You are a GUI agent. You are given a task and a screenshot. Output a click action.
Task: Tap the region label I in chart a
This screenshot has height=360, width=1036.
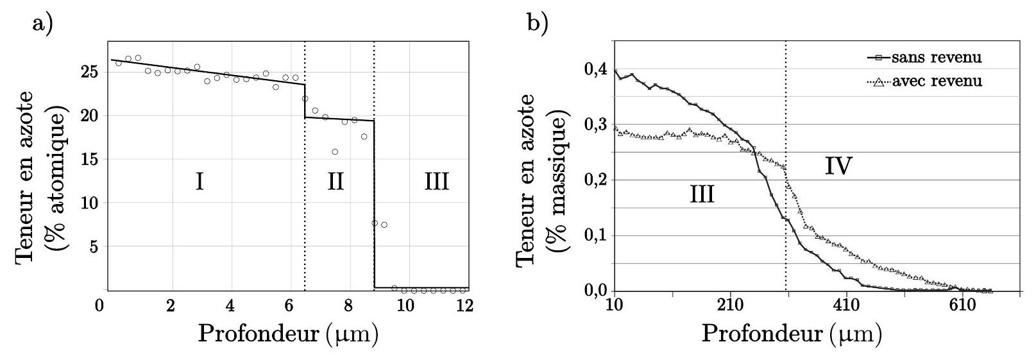(200, 182)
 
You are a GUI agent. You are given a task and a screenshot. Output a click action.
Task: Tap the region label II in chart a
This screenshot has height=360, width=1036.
(335, 182)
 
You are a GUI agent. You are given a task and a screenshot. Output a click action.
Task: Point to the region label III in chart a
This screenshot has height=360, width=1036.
(436, 182)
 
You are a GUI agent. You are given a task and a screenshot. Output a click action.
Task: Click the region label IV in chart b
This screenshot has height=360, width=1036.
(838, 167)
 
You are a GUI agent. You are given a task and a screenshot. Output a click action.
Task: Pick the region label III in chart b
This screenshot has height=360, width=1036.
(702, 194)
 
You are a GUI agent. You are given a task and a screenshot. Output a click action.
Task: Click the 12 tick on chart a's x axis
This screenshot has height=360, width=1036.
(466, 305)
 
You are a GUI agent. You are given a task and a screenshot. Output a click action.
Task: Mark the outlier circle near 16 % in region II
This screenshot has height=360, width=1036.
(335, 152)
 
